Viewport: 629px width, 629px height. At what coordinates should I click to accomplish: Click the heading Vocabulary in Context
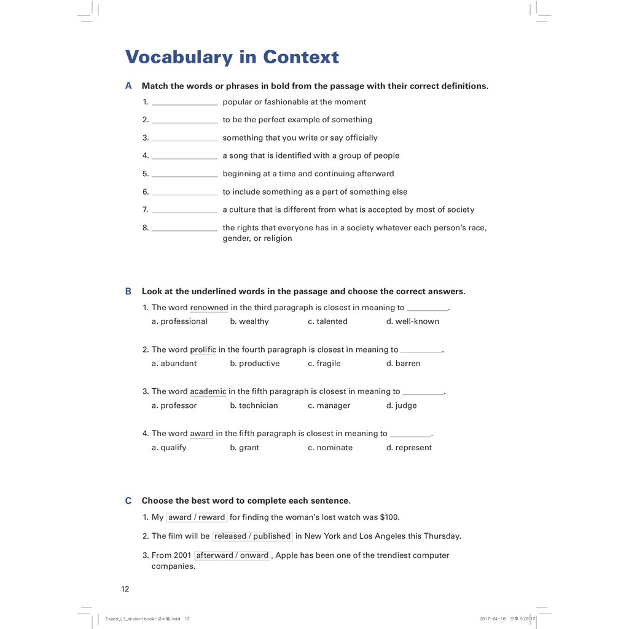[x=232, y=57]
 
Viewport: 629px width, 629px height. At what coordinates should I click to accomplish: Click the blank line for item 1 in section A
[x=184, y=103]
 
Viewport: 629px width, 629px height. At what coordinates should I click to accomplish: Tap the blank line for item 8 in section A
[x=184, y=229]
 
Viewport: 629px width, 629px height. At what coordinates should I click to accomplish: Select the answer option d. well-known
[x=412, y=321]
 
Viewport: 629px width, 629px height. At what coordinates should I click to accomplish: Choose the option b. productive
[x=254, y=364]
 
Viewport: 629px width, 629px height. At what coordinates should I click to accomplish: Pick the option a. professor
[x=174, y=405]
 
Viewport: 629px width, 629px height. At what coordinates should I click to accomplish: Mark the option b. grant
[x=244, y=448]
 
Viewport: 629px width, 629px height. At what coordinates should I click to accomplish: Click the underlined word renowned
[x=209, y=308]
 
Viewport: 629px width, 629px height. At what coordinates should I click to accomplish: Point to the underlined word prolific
[x=203, y=350]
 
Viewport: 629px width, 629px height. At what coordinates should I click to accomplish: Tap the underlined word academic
[x=208, y=391]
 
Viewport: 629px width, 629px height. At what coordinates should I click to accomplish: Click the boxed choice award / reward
[x=197, y=517]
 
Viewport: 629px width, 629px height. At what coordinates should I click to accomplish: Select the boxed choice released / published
[x=252, y=536]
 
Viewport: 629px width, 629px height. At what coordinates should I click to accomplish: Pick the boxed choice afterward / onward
[x=232, y=555]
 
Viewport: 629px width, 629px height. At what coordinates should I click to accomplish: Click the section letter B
[x=128, y=291]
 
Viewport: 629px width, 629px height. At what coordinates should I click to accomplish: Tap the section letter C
[x=128, y=501]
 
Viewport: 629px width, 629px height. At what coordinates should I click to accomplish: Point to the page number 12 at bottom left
[x=125, y=589]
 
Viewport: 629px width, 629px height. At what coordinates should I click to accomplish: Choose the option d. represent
[x=408, y=448]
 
